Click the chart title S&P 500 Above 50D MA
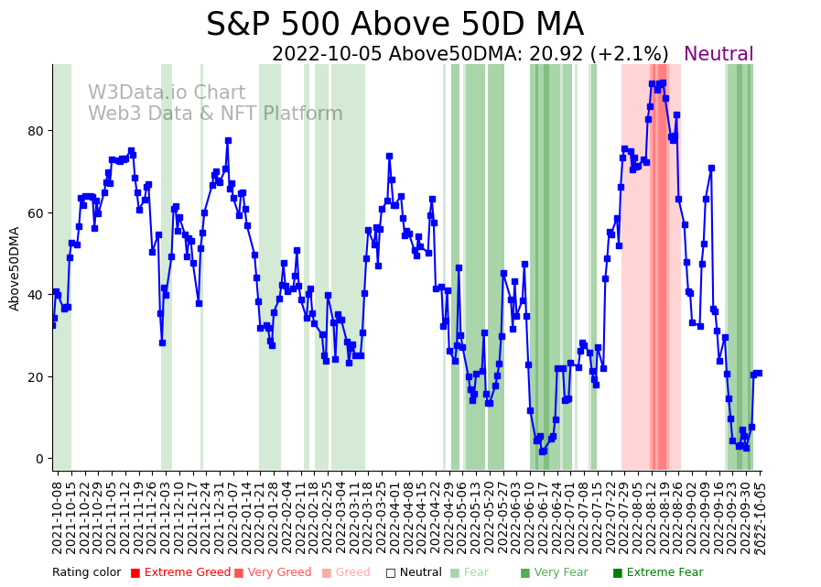pos(394,25)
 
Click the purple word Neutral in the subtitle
pos(718,55)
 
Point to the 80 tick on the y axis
pos(36,131)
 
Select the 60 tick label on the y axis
pos(36,213)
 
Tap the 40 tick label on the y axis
pos(36,295)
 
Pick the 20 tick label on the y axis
pos(36,377)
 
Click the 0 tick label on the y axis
pos(39,459)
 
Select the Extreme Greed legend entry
pos(180,573)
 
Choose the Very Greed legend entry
pos(273,573)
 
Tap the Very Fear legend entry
pos(554,573)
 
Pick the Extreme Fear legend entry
pos(658,573)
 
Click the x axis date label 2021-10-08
pos(57,516)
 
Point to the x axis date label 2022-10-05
pos(760,516)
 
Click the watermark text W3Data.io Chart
pos(167,93)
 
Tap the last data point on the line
pos(759,373)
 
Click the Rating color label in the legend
pos(86,573)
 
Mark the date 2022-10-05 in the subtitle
pos(328,55)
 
